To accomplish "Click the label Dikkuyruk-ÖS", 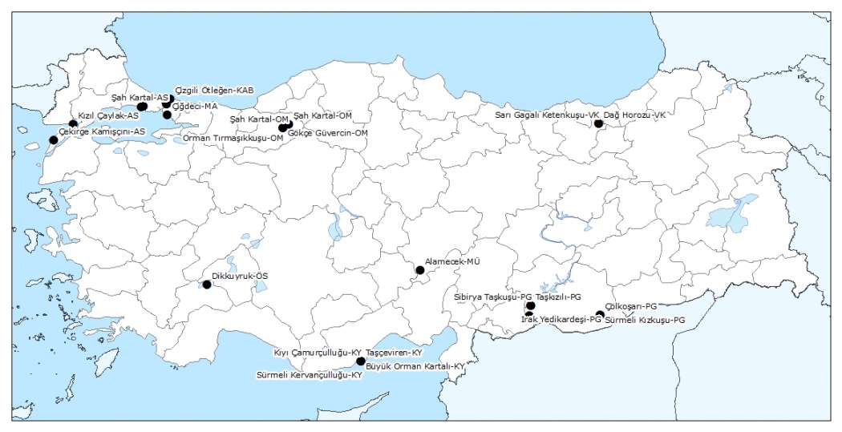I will point(240,276).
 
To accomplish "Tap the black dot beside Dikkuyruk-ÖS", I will point(207,285).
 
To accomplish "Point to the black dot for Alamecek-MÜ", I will point(419,270).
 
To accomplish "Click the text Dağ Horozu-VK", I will point(635,115).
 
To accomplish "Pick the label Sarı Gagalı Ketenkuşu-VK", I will point(547,115).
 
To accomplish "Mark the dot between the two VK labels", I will point(598,123).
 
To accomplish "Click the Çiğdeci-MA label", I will point(195,106).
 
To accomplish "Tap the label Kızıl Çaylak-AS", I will point(108,115).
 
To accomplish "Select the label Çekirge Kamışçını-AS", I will point(102,131).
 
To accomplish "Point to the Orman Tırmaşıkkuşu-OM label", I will point(233,138).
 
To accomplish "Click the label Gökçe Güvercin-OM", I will point(334,132).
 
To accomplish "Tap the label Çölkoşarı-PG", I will point(632,306).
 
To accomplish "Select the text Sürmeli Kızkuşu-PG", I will point(646,320).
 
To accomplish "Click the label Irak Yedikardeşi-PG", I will point(561,319).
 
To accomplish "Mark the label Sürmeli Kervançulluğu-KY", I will point(310,375).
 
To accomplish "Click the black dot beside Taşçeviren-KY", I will point(361,361).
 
